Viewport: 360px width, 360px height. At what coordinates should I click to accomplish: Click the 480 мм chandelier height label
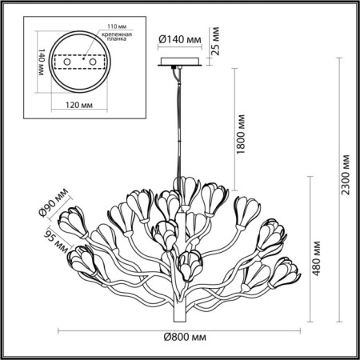[318, 255]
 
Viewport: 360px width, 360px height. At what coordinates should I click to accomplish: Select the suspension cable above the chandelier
[174, 128]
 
